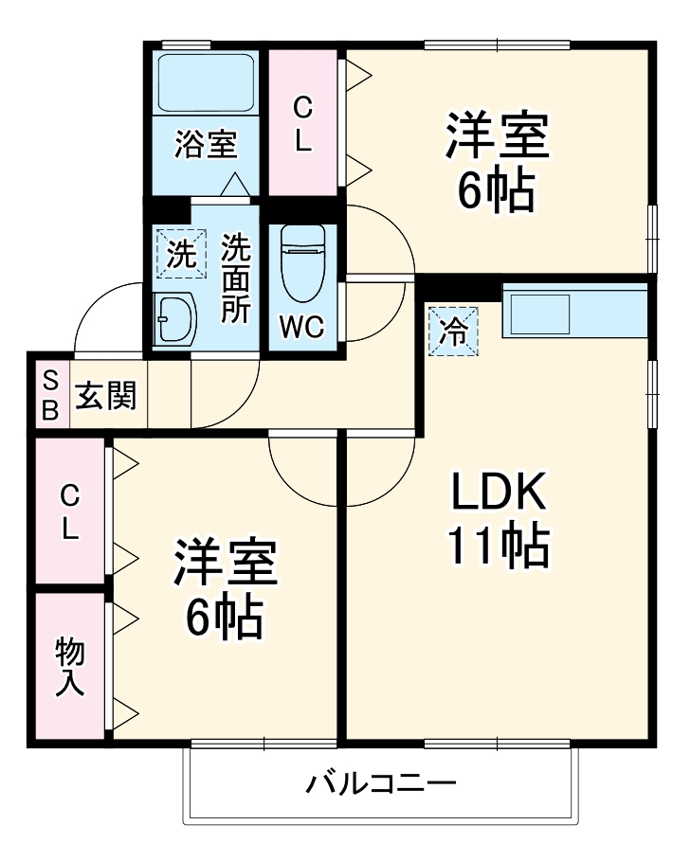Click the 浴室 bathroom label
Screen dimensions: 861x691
point(205,145)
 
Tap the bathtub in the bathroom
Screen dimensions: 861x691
point(205,82)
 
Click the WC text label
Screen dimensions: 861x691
point(302,327)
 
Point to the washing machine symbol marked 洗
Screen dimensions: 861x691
point(181,253)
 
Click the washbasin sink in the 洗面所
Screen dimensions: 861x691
point(176,318)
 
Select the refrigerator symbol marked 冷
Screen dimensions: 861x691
point(454,332)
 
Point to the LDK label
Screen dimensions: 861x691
point(498,492)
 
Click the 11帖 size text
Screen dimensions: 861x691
point(498,545)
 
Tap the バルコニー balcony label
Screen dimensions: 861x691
point(381,784)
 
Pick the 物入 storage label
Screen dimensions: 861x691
point(70,667)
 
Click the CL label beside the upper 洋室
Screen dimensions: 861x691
point(302,122)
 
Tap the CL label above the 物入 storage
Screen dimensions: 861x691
point(70,512)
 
